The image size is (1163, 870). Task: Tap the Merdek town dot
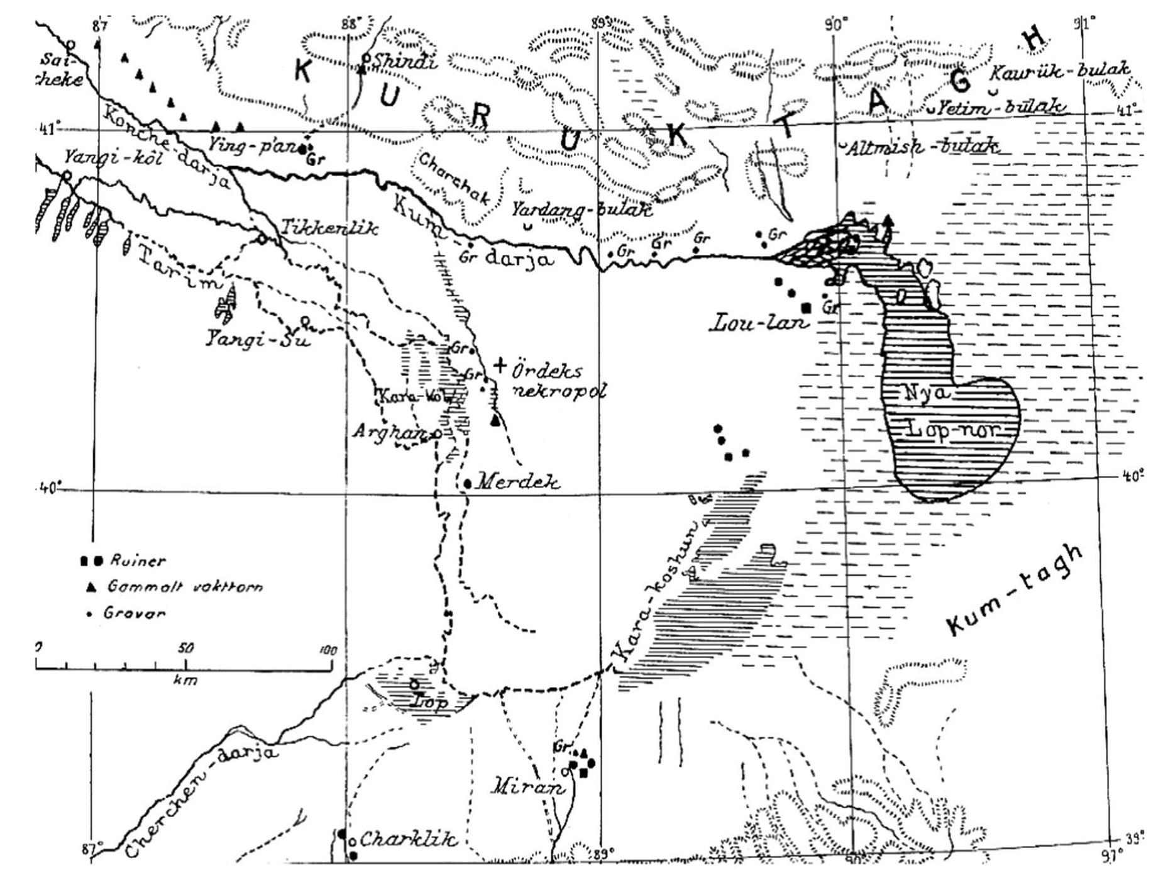point(468,484)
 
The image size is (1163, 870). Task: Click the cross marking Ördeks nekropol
point(500,365)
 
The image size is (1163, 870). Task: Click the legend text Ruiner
point(137,560)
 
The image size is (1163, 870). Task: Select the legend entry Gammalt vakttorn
point(184,587)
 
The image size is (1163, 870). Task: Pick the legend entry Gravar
point(135,613)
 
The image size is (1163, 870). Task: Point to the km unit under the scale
point(184,680)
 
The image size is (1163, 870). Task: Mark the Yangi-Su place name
point(258,340)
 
